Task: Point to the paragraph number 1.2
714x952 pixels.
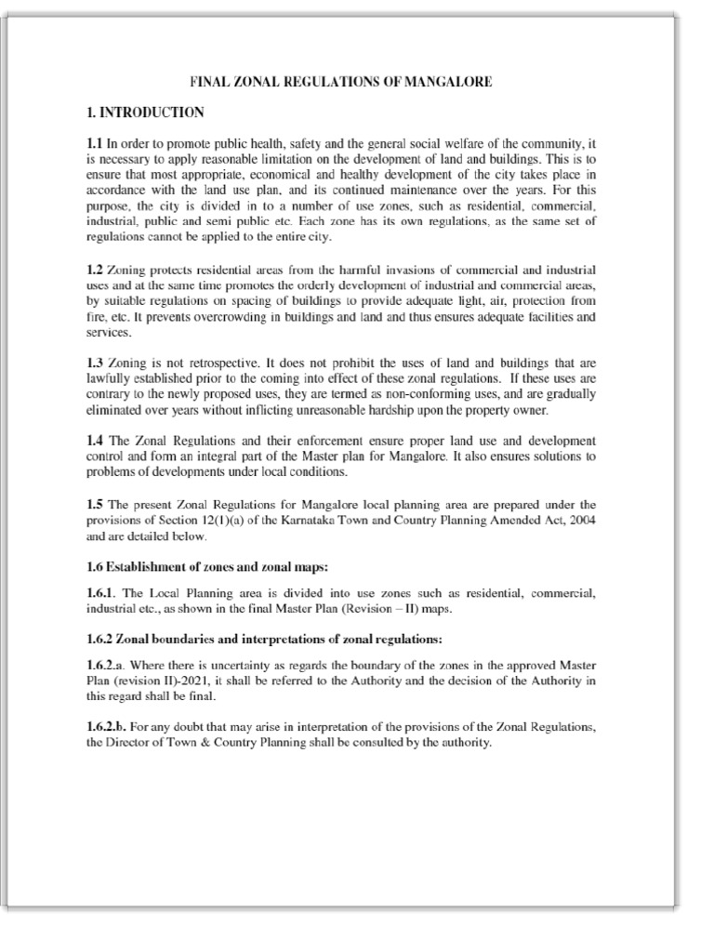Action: pos(95,270)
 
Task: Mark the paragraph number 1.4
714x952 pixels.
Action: pos(95,439)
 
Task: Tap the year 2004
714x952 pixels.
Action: pos(579,519)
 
